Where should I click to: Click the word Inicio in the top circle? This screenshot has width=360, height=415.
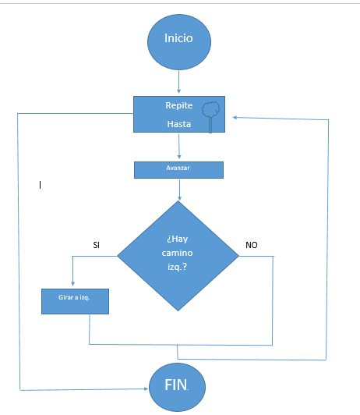[178, 38]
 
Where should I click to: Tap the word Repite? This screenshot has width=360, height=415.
[179, 105]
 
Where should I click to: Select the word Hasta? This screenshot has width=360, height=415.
[179, 124]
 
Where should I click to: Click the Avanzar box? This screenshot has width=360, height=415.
[178, 170]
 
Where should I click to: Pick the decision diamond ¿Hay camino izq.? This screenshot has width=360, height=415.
[178, 256]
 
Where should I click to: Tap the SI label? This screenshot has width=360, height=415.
[96, 245]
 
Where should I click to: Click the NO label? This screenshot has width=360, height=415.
[252, 245]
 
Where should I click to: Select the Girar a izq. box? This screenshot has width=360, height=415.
[75, 301]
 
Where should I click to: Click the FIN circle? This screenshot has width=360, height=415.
[177, 387]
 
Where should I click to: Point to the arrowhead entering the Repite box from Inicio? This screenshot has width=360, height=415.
[178, 91]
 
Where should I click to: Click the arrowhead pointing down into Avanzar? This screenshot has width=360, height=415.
[179, 157]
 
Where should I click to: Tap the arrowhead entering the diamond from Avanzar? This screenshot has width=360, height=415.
[179, 198]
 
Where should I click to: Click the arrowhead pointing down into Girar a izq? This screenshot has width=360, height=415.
[73, 283]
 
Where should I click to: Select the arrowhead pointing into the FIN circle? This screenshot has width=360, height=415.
[146, 388]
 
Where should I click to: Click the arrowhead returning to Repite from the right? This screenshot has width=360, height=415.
[235, 118]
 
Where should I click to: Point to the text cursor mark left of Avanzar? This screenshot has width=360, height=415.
[40, 185]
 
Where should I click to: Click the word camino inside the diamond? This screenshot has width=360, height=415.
[177, 253]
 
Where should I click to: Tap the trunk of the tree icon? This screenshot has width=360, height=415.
[210, 124]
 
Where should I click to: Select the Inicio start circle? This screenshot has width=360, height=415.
[179, 42]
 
